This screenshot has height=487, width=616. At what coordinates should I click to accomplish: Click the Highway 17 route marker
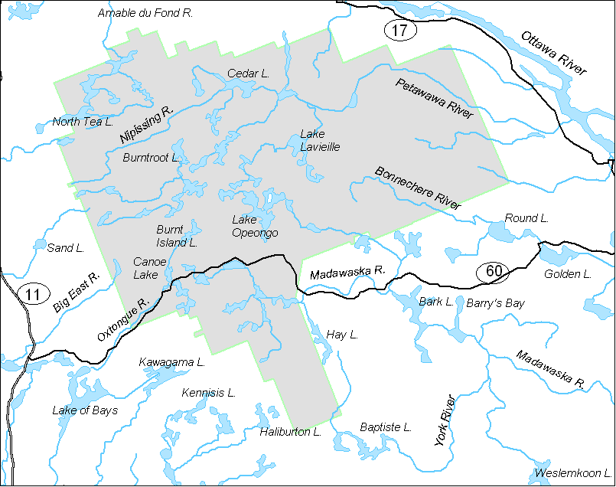(x=399, y=31)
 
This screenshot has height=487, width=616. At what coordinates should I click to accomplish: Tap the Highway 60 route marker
(x=494, y=270)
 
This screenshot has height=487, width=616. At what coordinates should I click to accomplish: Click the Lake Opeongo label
(x=255, y=227)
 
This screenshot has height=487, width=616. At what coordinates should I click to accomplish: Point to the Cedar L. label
(x=249, y=74)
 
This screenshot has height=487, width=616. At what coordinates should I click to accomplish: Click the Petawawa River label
(x=435, y=98)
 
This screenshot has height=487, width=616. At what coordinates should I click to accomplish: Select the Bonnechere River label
(x=418, y=188)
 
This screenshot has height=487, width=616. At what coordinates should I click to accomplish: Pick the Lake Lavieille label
(x=320, y=140)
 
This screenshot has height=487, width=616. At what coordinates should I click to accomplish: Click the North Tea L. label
(x=83, y=122)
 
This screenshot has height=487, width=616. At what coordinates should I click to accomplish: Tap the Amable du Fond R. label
(x=145, y=13)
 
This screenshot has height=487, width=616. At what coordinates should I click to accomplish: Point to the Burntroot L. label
(x=151, y=157)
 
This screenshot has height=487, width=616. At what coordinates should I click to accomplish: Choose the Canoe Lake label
(x=145, y=268)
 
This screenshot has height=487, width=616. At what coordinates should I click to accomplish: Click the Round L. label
(x=526, y=218)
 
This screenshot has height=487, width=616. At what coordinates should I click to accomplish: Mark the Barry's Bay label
(x=495, y=303)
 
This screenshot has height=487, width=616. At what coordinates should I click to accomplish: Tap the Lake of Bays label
(x=85, y=410)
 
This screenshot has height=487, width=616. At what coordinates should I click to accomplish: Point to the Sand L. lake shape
(x=40, y=244)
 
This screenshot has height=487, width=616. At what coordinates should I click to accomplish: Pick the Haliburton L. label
(x=290, y=432)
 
